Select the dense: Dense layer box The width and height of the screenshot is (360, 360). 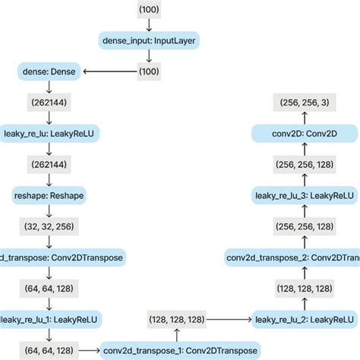click(49, 72)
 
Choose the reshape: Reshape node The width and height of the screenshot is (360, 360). click(49, 195)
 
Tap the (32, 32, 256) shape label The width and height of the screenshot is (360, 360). click(49, 226)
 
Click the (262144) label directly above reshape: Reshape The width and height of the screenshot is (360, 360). click(49, 165)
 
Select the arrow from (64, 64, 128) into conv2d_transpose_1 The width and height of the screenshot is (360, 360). click(90, 350)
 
